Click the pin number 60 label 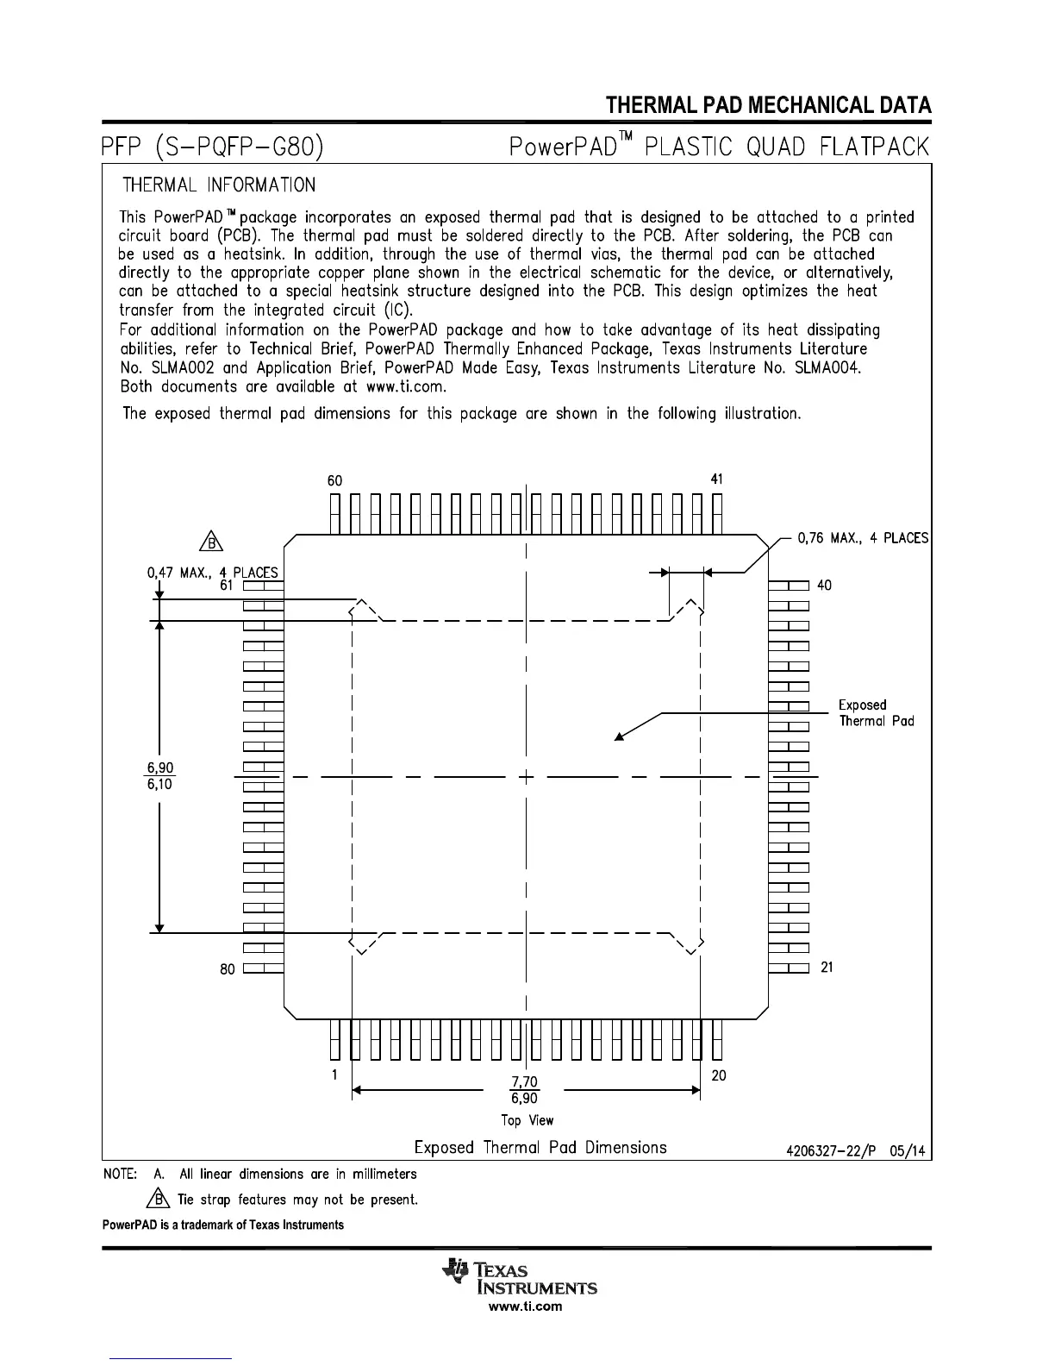[334, 480]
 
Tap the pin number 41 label [717, 479]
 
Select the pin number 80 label [227, 969]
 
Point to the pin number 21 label [827, 968]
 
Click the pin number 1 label [334, 1075]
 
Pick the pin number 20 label [719, 1075]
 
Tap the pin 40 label [824, 586]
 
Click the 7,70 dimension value [524, 1081]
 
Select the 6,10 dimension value [159, 785]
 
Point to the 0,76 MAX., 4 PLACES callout [863, 538]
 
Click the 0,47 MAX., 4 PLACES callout [212, 572]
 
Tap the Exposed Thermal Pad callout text [876, 713]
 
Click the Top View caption [527, 1120]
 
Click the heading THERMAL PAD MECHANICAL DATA [768, 106]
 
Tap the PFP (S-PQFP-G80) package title [212, 147]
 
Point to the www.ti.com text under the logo [525, 1306]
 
